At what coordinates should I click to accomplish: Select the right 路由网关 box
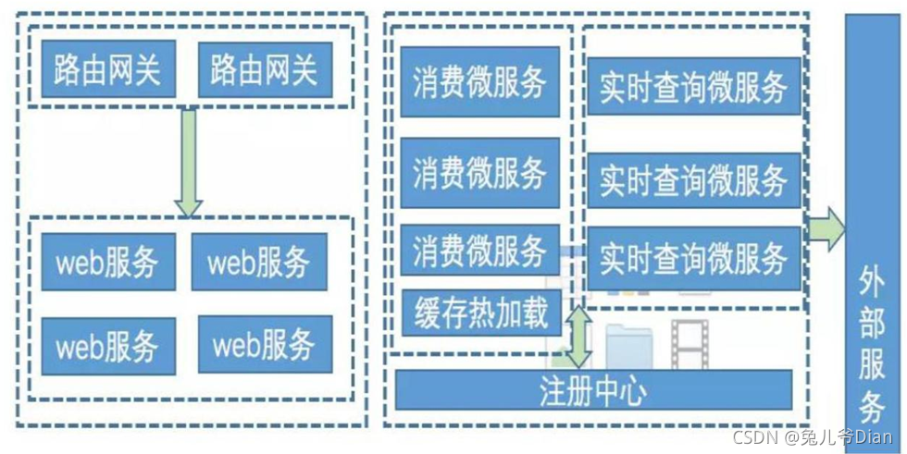(x=264, y=69)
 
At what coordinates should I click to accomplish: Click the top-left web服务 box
(x=107, y=262)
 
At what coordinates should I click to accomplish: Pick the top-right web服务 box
(x=259, y=262)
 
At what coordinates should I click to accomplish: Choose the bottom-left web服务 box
(x=107, y=346)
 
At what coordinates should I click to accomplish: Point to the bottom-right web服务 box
(x=265, y=345)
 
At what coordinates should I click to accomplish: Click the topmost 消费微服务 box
(x=479, y=82)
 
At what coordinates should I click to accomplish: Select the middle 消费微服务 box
(x=479, y=173)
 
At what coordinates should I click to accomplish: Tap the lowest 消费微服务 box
(x=479, y=250)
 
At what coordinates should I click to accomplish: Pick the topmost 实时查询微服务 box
(x=693, y=88)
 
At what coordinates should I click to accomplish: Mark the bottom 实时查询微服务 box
(x=693, y=258)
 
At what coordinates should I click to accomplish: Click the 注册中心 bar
(x=593, y=389)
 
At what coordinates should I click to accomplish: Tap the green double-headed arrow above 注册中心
(x=581, y=337)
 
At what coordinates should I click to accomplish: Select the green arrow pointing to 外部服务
(x=825, y=228)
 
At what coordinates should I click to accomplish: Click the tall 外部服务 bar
(x=872, y=231)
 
